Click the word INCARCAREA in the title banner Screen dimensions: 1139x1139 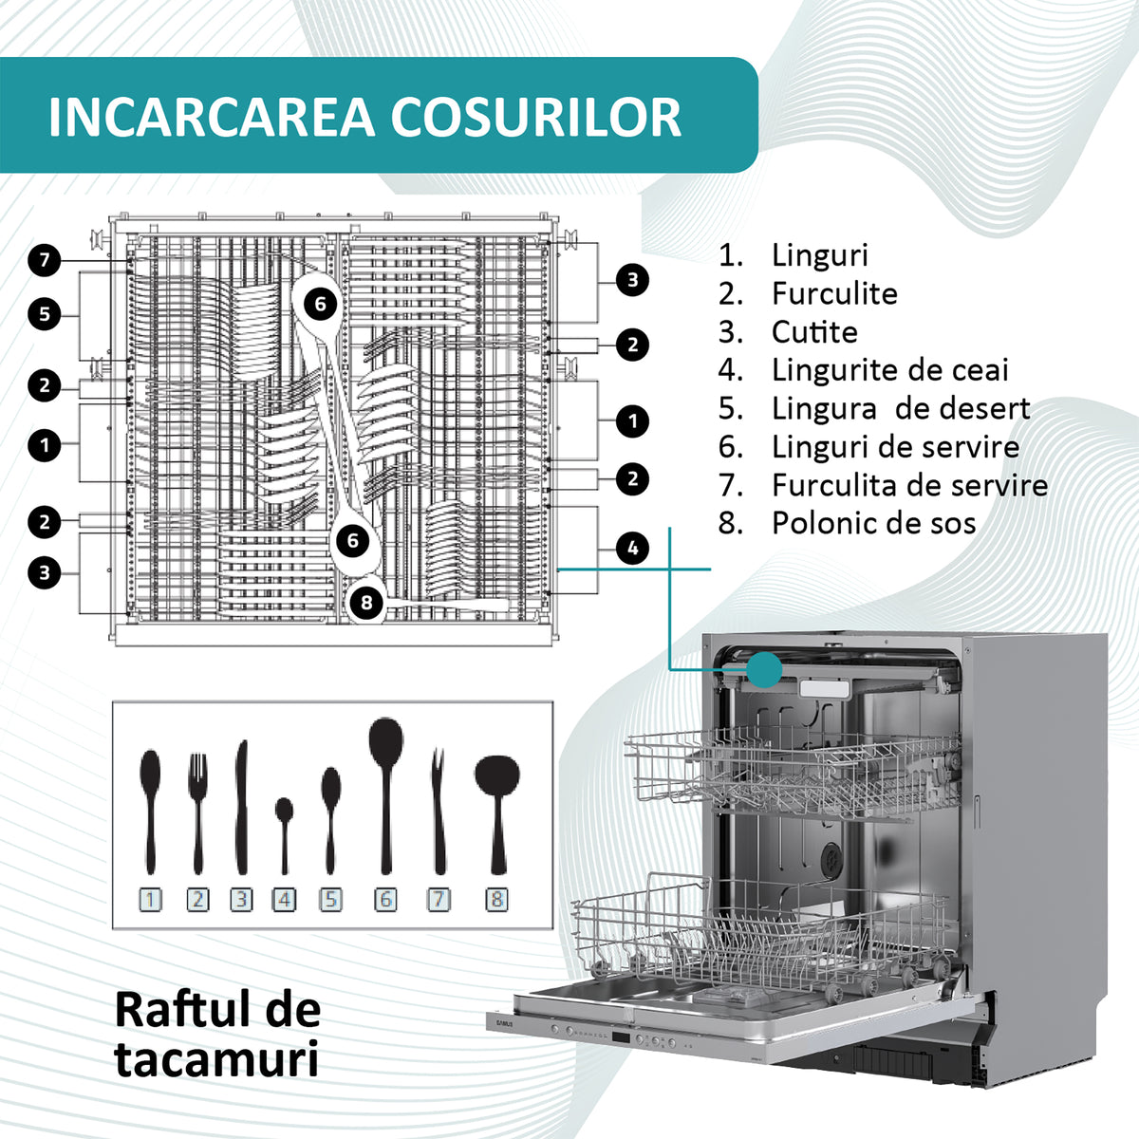(x=212, y=117)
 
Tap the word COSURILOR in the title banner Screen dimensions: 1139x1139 (x=536, y=117)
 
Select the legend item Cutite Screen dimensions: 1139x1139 (x=814, y=331)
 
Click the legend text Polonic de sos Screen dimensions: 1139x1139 (x=873, y=523)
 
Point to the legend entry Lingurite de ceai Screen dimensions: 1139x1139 (x=889, y=370)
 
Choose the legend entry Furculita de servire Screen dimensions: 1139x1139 (x=909, y=485)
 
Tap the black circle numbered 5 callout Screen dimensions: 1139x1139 (x=45, y=314)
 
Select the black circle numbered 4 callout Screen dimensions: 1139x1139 (x=632, y=548)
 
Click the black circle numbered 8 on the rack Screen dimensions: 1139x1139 (x=366, y=603)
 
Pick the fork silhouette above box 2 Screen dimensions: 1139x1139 (x=198, y=813)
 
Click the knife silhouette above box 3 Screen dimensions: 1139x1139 (x=241, y=808)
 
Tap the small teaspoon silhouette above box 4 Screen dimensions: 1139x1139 (x=285, y=836)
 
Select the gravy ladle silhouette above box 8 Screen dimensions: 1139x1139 (x=497, y=814)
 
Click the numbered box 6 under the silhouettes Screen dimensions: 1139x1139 (x=385, y=900)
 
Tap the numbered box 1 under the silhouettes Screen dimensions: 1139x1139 (x=150, y=900)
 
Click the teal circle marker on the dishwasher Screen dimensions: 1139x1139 (x=764, y=670)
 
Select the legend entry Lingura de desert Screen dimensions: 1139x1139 (x=901, y=408)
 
